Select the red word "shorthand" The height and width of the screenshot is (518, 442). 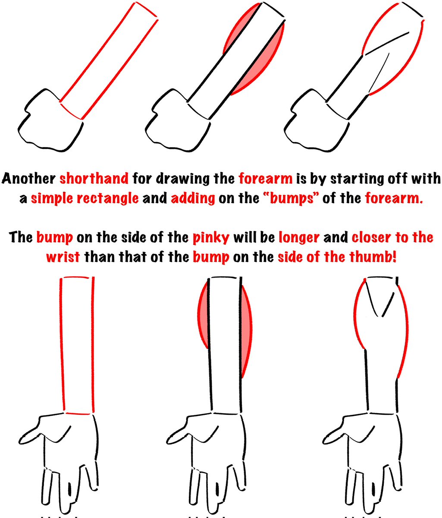coord(94,179)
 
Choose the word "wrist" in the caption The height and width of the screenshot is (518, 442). coord(63,257)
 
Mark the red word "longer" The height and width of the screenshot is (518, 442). coord(299,237)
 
